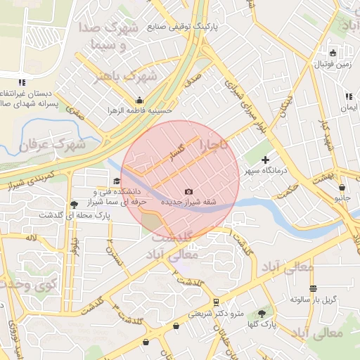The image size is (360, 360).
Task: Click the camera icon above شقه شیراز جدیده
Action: coord(188,192)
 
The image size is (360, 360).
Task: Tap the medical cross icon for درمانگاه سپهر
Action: coord(265,160)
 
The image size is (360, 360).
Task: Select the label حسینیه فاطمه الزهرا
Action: coord(140,110)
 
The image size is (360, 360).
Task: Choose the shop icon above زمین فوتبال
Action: coord(333,53)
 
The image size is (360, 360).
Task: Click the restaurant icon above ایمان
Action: coord(349,96)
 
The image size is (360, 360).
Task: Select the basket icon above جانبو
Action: coord(342,188)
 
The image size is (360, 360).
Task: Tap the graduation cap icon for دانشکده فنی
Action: coord(117,181)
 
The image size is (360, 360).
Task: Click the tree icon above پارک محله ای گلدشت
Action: coord(74,205)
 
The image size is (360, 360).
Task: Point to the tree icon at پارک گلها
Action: coord(262,313)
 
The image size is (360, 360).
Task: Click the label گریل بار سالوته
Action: coord(314,299)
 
